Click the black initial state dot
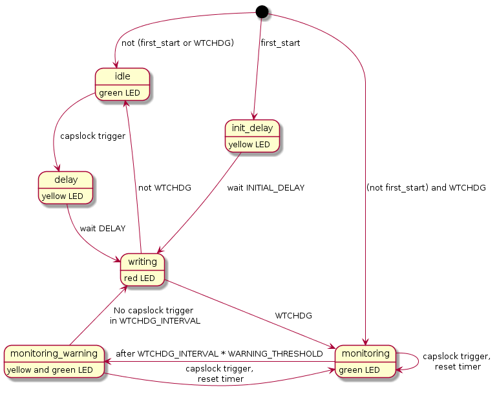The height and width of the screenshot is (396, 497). (x=261, y=10)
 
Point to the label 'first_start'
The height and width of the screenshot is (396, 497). (x=280, y=43)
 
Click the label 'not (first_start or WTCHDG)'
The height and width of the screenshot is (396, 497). (x=178, y=43)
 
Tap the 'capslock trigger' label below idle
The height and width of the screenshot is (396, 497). (x=92, y=136)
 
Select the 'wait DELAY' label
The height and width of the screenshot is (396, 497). (x=102, y=228)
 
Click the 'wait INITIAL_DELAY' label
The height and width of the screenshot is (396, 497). (x=266, y=188)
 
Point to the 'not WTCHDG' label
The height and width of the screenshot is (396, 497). (x=165, y=188)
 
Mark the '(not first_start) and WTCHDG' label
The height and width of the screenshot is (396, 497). (x=425, y=188)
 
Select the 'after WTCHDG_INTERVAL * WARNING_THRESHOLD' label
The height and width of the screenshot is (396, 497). (x=220, y=353)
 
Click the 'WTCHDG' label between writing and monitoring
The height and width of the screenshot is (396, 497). (x=293, y=316)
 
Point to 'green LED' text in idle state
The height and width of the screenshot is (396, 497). (x=119, y=92)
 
